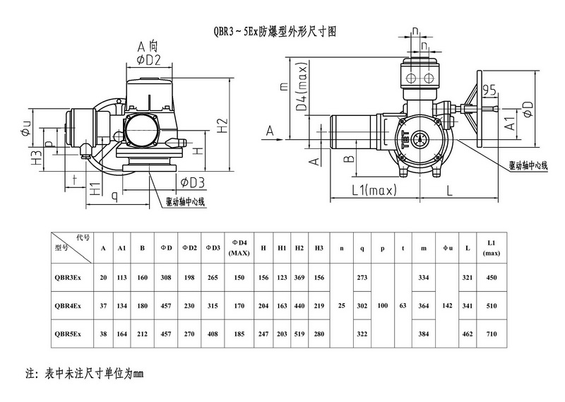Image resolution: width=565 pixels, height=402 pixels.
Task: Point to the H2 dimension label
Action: [223, 124]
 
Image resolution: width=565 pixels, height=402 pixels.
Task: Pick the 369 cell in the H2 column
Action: [299, 278]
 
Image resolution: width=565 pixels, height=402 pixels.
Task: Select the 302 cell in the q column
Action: [362, 305]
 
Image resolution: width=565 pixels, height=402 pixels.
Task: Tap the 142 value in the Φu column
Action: [446, 305]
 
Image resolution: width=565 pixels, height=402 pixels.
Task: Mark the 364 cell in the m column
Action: [424, 305]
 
